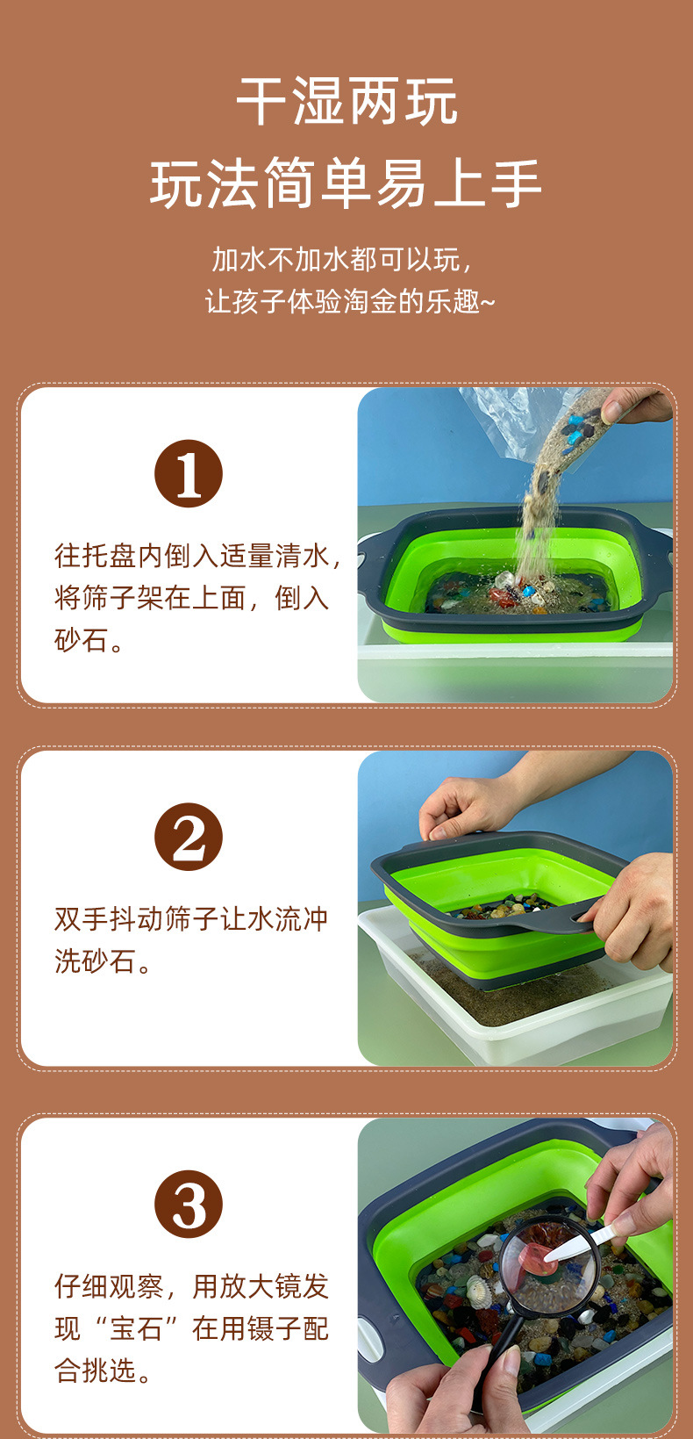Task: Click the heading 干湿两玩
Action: [x=346, y=101]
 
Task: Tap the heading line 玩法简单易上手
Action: [x=346, y=183]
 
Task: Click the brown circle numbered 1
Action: [x=189, y=473]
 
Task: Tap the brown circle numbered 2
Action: [x=189, y=837]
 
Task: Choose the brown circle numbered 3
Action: [x=189, y=1204]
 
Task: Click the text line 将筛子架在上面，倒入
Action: [x=191, y=598]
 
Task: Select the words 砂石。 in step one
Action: [x=89, y=640]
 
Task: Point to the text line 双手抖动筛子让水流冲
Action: [x=191, y=918]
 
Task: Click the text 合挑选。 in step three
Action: [x=103, y=1371]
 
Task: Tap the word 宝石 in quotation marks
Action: [x=136, y=1328]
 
